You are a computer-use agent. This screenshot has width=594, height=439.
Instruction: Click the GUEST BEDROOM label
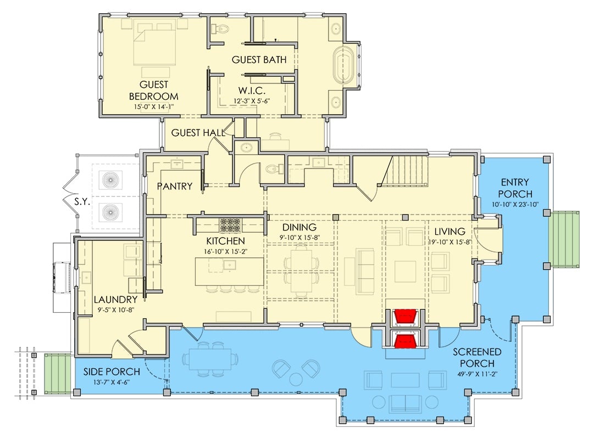[x=154, y=91]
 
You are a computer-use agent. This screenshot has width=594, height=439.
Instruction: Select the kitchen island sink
[x=229, y=265]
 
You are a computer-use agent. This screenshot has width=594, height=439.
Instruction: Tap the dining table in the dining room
[x=301, y=264]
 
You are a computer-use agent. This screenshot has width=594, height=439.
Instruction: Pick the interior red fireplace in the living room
[x=406, y=317]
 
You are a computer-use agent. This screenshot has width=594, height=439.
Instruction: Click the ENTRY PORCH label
[x=516, y=187]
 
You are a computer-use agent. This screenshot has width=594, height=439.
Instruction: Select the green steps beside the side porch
[x=58, y=373]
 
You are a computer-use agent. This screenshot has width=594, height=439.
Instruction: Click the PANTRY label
[x=175, y=187]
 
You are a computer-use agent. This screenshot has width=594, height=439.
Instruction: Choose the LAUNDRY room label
[x=115, y=300]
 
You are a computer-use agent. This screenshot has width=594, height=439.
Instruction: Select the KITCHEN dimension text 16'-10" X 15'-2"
[x=226, y=252]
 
